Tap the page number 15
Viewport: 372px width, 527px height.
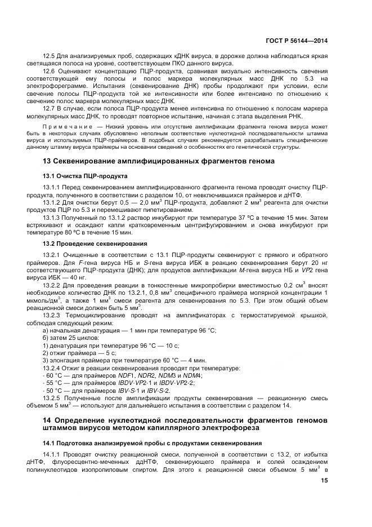pos(324,481)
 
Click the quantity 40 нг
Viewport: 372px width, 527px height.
pos(78,278)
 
